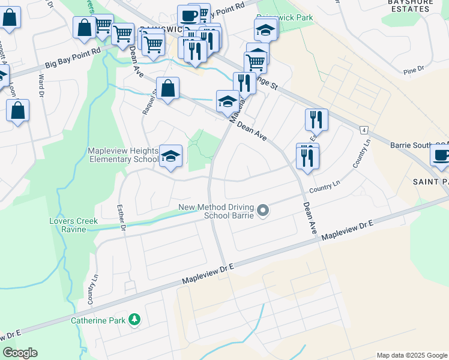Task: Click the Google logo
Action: pyautogui.click(x=20, y=353)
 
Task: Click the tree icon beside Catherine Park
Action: pyautogui.click(x=135, y=320)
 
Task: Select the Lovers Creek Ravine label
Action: pyautogui.click(x=73, y=226)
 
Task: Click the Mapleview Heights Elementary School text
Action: pyautogui.click(x=122, y=155)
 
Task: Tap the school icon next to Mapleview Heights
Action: pyautogui.click(x=171, y=157)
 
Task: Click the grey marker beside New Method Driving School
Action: pyautogui.click(x=262, y=211)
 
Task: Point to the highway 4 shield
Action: pyautogui.click(x=364, y=130)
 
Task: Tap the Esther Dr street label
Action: pyautogui.click(x=122, y=218)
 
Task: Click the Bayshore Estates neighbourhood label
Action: pyautogui.click(x=415, y=6)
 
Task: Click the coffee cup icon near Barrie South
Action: pyautogui.click(x=441, y=155)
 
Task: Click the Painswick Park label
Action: pyautogui.click(x=285, y=19)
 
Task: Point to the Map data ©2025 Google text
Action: pyautogui.click(x=411, y=355)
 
